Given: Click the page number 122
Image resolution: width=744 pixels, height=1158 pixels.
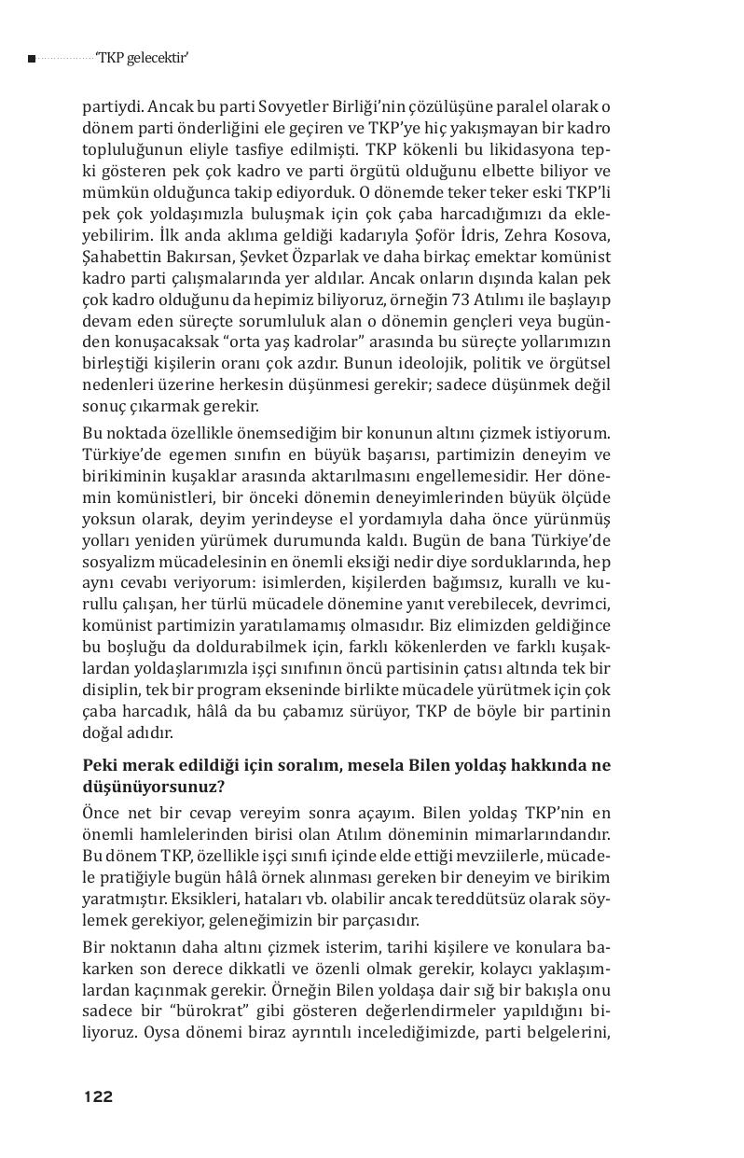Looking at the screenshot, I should tap(98, 1096).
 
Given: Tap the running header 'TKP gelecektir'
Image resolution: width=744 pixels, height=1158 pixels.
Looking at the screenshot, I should tap(143, 58).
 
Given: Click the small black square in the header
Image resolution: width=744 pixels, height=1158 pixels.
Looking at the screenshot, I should tap(32, 59).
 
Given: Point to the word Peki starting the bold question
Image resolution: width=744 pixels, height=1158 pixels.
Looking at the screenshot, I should tap(101, 765).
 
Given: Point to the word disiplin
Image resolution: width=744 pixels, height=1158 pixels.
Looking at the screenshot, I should tap(113, 691).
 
